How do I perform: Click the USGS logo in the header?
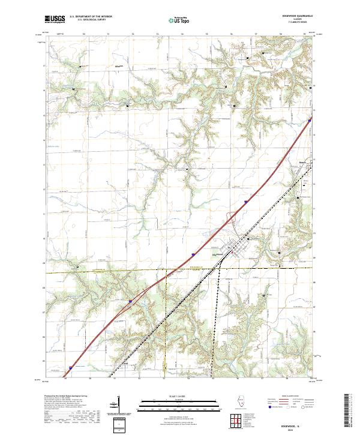[x=55, y=20]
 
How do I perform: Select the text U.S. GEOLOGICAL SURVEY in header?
[x=85, y=20]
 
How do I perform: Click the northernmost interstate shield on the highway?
[x=310, y=120]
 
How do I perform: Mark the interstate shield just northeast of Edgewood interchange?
[x=245, y=203]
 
